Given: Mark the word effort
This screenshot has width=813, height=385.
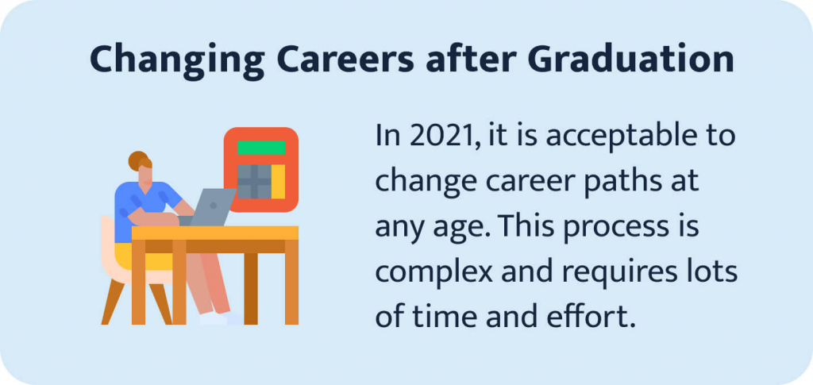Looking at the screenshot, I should click(591, 318).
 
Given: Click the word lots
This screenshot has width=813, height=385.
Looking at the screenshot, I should click(714, 272).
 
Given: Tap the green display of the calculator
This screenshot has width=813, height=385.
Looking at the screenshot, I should click(261, 147).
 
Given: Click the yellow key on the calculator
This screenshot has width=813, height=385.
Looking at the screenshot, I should click(279, 182).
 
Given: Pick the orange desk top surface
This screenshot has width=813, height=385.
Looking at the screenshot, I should click(214, 233).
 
